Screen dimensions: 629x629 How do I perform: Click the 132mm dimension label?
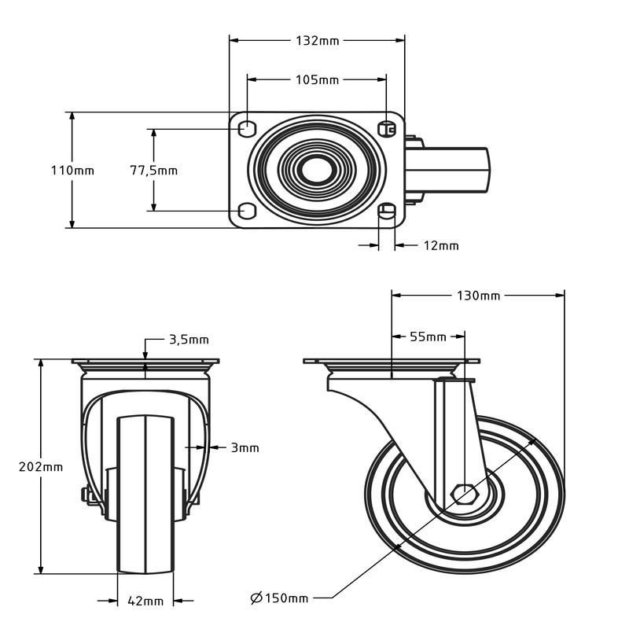point(318,41)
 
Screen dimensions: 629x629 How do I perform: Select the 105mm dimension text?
point(318,80)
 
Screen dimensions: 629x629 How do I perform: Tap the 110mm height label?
point(72,171)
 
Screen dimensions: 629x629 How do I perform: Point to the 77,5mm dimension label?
point(153,171)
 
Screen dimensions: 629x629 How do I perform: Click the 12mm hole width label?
point(441,245)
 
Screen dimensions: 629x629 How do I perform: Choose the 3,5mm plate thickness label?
point(189,340)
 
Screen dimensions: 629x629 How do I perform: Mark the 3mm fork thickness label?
point(245,447)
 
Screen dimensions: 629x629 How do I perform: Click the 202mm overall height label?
point(41,467)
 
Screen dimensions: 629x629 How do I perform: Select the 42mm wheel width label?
point(145,601)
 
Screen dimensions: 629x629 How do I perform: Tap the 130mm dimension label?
point(479,296)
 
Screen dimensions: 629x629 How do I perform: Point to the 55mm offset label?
point(428,337)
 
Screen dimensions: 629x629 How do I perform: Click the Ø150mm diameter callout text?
point(279,598)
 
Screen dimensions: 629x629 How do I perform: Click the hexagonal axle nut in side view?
point(464,494)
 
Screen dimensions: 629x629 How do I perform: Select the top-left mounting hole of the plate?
point(247,128)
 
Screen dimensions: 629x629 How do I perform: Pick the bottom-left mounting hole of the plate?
point(247,211)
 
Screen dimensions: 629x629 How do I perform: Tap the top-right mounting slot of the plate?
point(387,129)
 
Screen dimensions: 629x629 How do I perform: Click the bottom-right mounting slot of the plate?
point(387,211)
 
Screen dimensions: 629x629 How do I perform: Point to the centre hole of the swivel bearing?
point(318,170)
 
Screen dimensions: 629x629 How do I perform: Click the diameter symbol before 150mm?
point(256,598)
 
